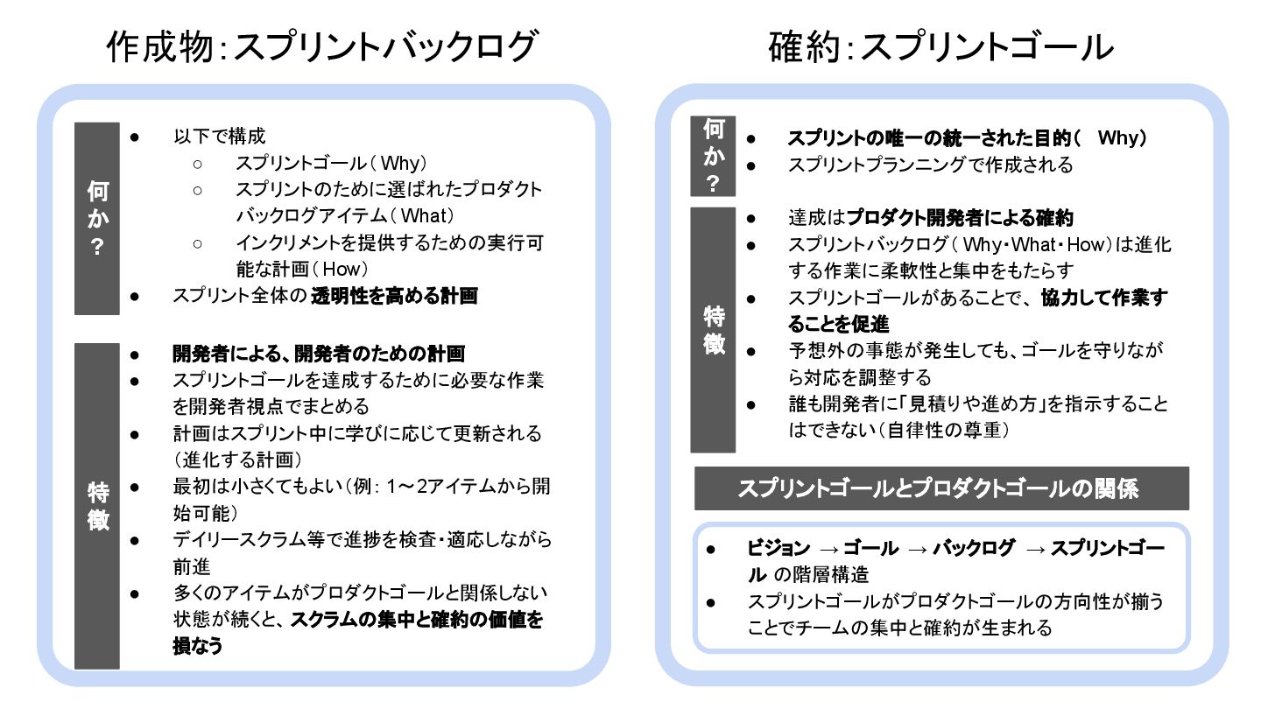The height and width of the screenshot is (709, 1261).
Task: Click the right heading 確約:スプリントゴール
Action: coord(941,47)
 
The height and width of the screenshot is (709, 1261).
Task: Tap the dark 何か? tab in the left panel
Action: coord(97,218)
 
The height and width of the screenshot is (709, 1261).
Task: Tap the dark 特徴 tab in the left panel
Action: coord(97,506)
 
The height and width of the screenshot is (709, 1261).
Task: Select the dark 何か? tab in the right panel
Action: coord(714,156)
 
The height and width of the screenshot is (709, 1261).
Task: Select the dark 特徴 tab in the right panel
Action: coord(714,330)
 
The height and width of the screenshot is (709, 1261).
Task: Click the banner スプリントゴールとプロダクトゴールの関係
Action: coord(941,488)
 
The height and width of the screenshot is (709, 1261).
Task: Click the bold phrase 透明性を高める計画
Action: coord(395,296)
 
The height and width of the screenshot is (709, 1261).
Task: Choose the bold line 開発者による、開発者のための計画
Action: coord(319,354)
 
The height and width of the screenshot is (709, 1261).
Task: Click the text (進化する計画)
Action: coord(239,460)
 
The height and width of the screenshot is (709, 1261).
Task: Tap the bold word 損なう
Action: coord(198,646)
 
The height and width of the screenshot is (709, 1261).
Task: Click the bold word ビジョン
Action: coord(778,549)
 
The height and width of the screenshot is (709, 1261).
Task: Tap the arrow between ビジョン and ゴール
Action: coord(829,549)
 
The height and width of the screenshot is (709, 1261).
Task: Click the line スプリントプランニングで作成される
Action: coord(930,165)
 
